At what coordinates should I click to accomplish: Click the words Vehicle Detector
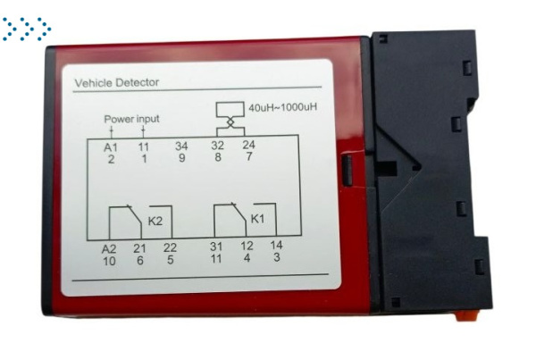pyautogui.click(x=117, y=83)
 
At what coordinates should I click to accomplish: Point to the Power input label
pyautogui.click(x=131, y=119)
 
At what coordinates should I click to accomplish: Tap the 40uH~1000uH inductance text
pyautogui.click(x=282, y=107)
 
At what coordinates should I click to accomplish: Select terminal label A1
pyautogui.click(x=111, y=147)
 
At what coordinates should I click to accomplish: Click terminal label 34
pyautogui.click(x=181, y=146)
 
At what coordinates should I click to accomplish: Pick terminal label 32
pyautogui.click(x=217, y=146)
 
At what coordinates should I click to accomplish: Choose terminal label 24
pyautogui.click(x=248, y=145)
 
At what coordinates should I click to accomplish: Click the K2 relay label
pyautogui.click(x=155, y=222)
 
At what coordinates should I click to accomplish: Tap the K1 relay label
pyautogui.click(x=258, y=219)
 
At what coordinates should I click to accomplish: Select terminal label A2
pyautogui.click(x=109, y=249)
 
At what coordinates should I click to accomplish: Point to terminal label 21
pyautogui.click(x=139, y=248)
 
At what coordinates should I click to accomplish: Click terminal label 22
pyautogui.click(x=170, y=247)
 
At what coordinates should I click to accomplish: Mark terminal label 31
pyautogui.click(x=216, y=247)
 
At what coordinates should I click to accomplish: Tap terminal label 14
pyautogui.click(x=276, y=245)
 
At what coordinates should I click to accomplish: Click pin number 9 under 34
pyautogui.click(x=182, y=158)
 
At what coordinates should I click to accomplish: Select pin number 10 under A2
pyautogui.click(x=109, y=261)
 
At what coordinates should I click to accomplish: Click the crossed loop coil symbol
pyautogui.click(x=230, y=119)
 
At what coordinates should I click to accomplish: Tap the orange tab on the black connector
pyautogui.click(x=466, y=316)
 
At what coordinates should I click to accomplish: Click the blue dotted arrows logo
pyautogui.click(x=27, y=29)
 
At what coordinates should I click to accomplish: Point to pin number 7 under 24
pyautogui.click(x=249, y=156)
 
